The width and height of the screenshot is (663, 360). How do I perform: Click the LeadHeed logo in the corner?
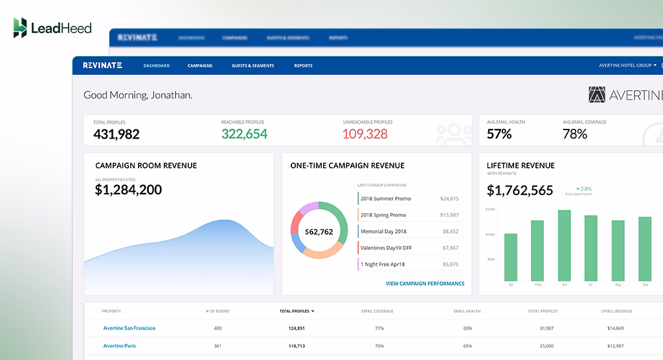point(52,28)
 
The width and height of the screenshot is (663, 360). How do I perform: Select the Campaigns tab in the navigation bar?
point(200,65)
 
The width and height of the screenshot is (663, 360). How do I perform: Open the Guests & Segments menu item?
point(253,65)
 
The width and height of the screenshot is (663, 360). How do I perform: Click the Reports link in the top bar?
point(303,65)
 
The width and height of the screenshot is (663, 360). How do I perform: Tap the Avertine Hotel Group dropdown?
point(627,65)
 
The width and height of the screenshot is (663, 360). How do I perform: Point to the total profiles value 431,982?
point(117,134)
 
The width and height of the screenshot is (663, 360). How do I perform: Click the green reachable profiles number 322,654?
point(244,134)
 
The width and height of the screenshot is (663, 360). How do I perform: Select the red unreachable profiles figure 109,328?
point(365,134)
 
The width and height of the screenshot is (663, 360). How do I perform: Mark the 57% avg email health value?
point(499,134)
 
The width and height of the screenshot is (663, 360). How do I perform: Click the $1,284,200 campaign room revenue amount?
point(128,190)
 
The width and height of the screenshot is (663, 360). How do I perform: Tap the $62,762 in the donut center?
point(319,232)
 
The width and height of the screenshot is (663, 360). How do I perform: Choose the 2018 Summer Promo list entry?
point(386,199)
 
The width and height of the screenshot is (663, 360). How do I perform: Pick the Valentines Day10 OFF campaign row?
point(386,248)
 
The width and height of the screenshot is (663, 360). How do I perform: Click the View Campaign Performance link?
point(425,284)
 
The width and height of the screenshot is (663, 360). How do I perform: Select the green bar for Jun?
point(564,245)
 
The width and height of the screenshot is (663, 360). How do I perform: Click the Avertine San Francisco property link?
point(129,328)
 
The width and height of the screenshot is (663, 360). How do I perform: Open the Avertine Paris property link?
point(120,346)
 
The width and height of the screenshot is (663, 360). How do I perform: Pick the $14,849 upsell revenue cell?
point(615,328)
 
